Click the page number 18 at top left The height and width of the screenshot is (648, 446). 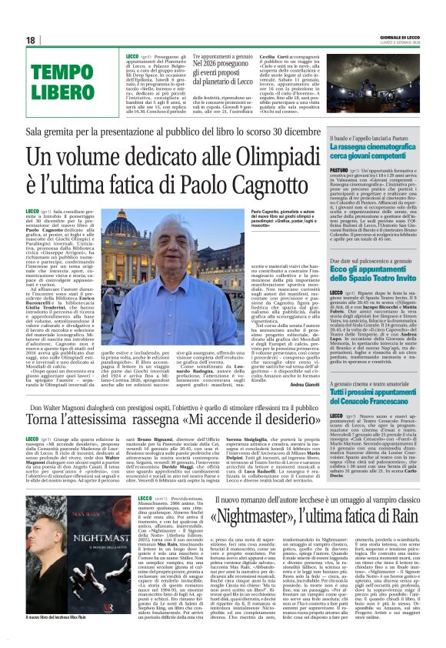pos(31,39)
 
